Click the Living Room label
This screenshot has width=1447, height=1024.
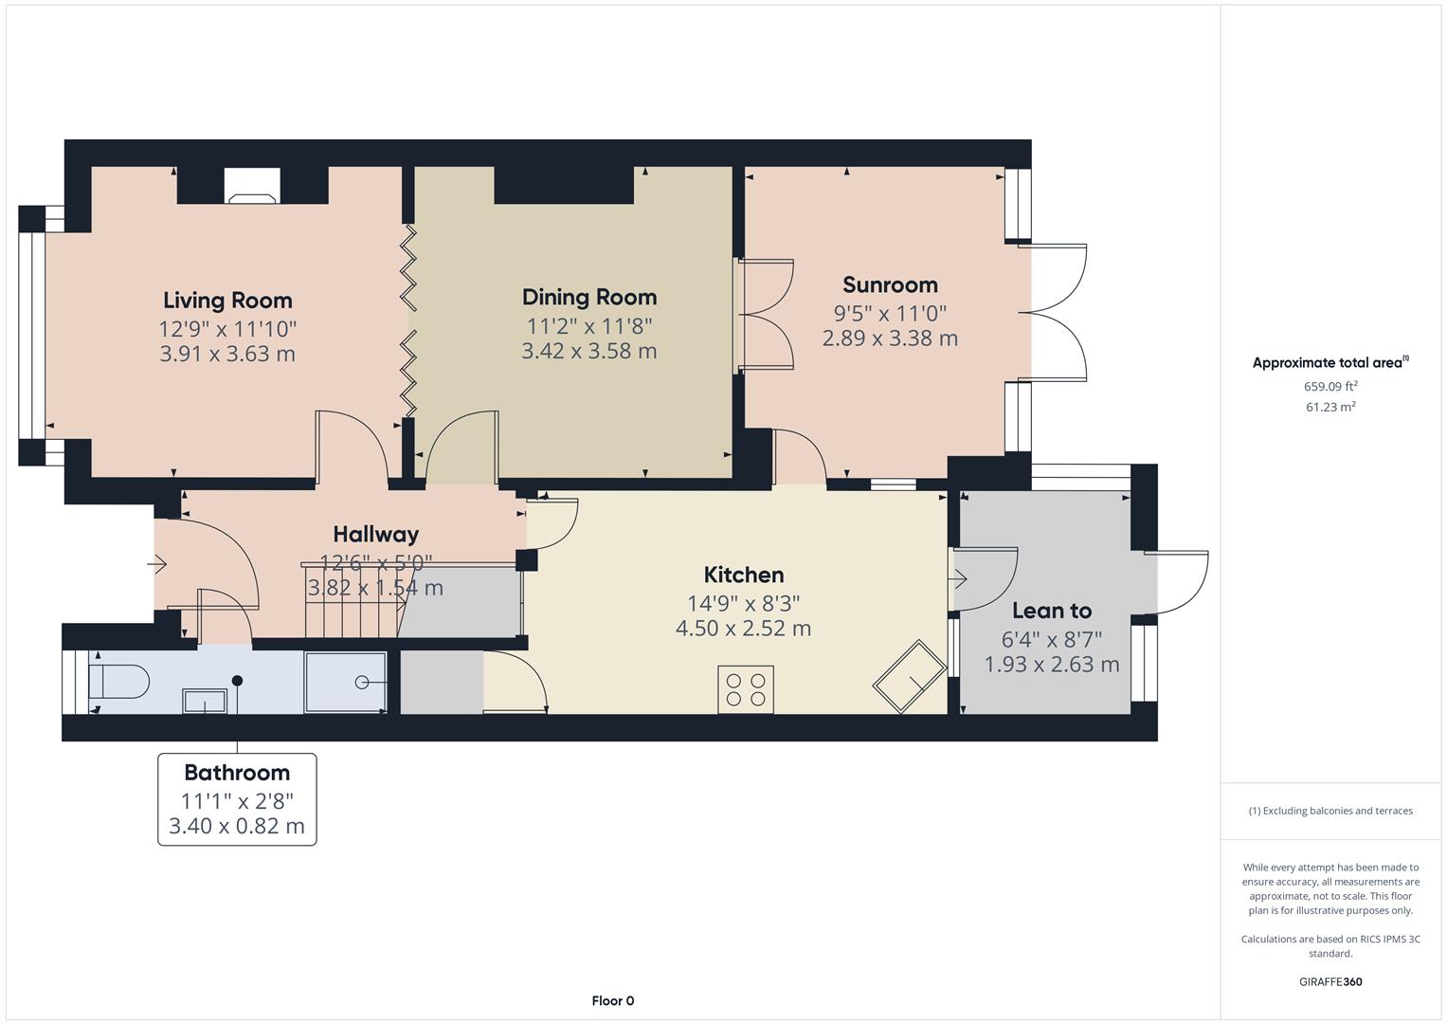tap(227, 301)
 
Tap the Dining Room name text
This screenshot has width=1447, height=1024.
tap(588, 298)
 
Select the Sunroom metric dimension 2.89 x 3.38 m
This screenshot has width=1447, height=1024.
tap(889, 338)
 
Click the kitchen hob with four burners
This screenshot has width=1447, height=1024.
tap(746, 689)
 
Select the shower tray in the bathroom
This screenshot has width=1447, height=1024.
tap(345, 682)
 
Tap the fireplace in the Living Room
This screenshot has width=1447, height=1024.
tap(252, 186)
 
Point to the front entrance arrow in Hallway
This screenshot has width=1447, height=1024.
tap(157, 565)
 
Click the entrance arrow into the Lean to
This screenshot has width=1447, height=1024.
tap(959, 578)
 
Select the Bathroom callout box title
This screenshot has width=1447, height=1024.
tap(237, 773)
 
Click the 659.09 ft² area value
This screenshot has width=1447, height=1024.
tap(1330, 387)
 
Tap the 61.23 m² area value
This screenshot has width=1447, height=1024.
tap(1330, 408)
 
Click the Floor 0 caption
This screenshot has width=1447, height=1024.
tap(612, 1001)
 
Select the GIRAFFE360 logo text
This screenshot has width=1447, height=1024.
tap(1329, 982)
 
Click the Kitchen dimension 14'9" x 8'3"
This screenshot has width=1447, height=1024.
tap(743, 603)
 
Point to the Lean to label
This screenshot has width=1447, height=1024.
tap(1051, 612)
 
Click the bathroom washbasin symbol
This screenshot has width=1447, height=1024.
tap(205, 701)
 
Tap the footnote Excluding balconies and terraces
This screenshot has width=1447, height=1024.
tap(1329, 812)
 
